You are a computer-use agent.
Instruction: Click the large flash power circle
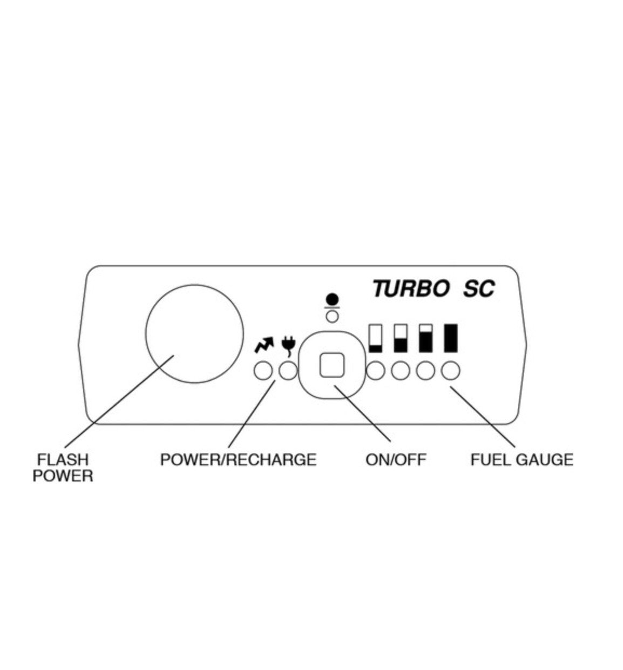(194, 334)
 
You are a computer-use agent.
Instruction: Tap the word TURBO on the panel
(411, 289)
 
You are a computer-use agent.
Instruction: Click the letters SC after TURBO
(478, 289)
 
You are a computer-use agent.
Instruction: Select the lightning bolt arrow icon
(264, 344)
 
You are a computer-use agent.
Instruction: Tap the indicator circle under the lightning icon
(263, 371)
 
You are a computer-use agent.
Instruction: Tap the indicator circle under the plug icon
(288, 371)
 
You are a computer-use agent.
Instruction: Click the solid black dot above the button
(333, 299)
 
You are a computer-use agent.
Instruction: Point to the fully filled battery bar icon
(450, 338)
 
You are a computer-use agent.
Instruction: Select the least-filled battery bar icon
(375, 338)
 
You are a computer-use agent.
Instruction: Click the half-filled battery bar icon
(400, 338)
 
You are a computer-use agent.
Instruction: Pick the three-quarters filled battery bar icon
(426, 338)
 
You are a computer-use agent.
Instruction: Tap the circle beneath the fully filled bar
(451, 371)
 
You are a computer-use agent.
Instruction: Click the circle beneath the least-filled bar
(376, 371)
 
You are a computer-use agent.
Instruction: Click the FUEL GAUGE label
(522, 460)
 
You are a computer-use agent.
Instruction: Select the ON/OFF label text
(396, 460)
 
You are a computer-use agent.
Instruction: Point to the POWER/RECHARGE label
(238, 460)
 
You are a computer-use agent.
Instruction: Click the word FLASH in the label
(63, 460)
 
